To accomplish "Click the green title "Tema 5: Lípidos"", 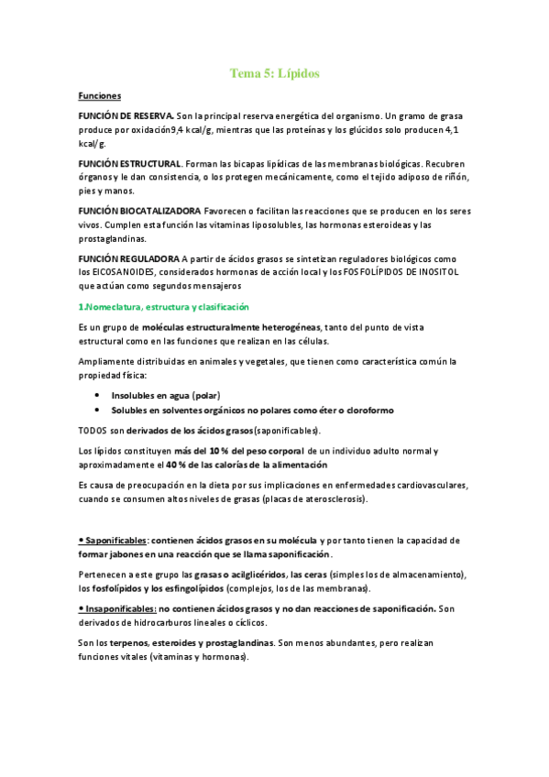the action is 274,72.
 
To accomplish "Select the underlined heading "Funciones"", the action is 100,95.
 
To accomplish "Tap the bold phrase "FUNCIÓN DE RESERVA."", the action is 126,115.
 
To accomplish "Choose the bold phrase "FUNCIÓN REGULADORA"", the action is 129,258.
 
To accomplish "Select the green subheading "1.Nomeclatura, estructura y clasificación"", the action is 164,307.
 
